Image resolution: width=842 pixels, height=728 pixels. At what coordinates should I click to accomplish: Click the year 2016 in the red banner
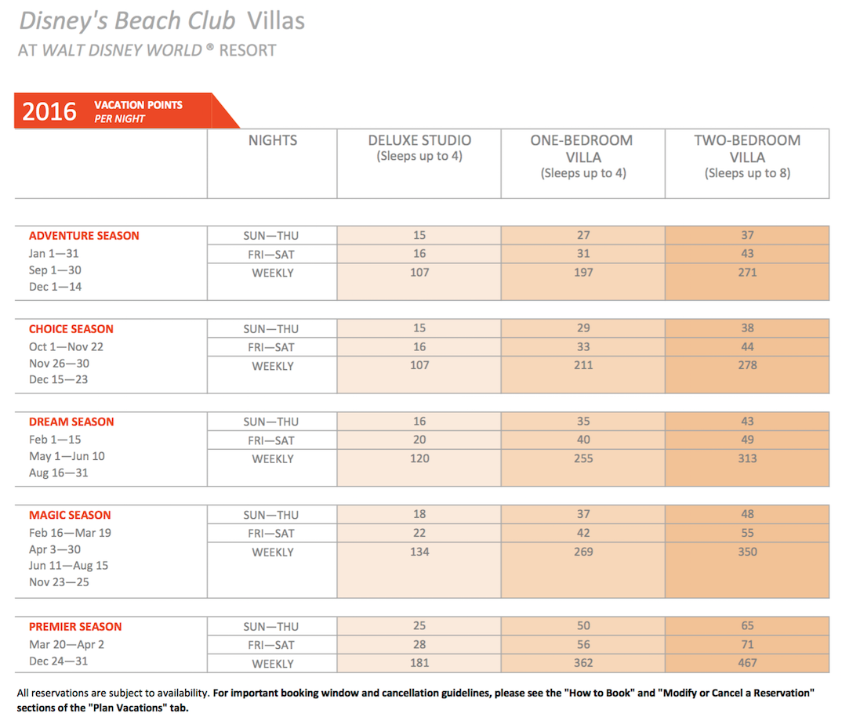pyautogui.click(x=49, y=112)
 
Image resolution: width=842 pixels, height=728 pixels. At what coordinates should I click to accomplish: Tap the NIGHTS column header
pyautogui.click(x=272, y=140)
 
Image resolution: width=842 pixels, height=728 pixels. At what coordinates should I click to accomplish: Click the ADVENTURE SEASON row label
pyautogui.click(x=84, y=236)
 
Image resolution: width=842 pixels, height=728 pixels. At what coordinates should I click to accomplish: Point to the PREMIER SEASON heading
pyautogui.click(x=75, y=627)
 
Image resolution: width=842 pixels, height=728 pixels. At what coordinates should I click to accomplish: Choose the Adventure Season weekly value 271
pyautogui.click(x=747, y=272)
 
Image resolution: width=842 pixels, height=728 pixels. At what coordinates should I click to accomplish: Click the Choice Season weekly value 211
pyautogui.click(x=583, y=365)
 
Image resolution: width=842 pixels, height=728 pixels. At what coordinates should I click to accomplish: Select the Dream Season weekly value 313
pyautogui.click(x=747, y=458)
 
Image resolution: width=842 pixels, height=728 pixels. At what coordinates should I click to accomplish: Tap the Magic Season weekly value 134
pyautogui.click(x=419, y=552)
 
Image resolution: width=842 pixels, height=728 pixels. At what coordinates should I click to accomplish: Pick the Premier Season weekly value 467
pyautogui.click(x=747, y=662)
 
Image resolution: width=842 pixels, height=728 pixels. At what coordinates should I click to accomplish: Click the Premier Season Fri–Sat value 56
pyautogui.click(x=583, y=644)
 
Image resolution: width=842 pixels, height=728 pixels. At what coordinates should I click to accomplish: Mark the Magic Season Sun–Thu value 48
pyautogui.click(x=747, y=514)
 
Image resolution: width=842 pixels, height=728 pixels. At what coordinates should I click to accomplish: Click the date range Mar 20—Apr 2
pyautogui.click(x=67, y=644)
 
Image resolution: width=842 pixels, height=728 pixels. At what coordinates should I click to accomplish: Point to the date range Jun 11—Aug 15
pyautogui.click(x=68, y=565)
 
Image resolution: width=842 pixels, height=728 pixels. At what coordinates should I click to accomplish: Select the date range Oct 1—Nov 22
pyautogui.click(x=66, y=347)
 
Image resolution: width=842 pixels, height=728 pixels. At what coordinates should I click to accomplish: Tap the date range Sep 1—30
pyautogui.click(x=55, y=270)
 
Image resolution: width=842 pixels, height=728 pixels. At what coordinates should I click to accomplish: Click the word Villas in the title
pyautogui.click(x=276, y=21)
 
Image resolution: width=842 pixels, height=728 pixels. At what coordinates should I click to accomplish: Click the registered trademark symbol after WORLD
pyautogui.click(x=210, y=47)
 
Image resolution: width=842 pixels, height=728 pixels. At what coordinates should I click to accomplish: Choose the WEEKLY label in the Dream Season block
pyautogui.click(x=272, y=459)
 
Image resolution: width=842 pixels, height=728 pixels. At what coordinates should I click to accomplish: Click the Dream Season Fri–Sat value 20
pyautogui.click(x=419, y=440)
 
